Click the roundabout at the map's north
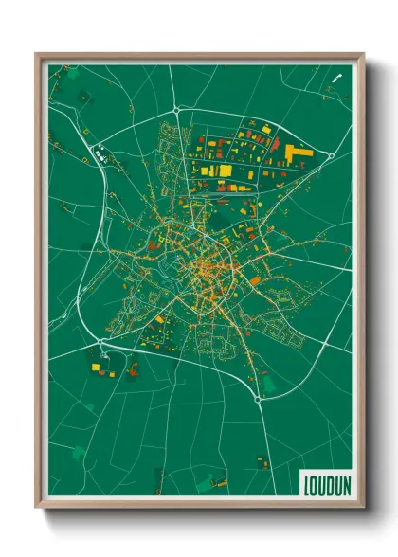176,111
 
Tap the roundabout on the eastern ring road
329,155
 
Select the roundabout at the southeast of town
258,399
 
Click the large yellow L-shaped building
292,153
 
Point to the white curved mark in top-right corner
336,78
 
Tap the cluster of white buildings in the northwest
99,148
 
